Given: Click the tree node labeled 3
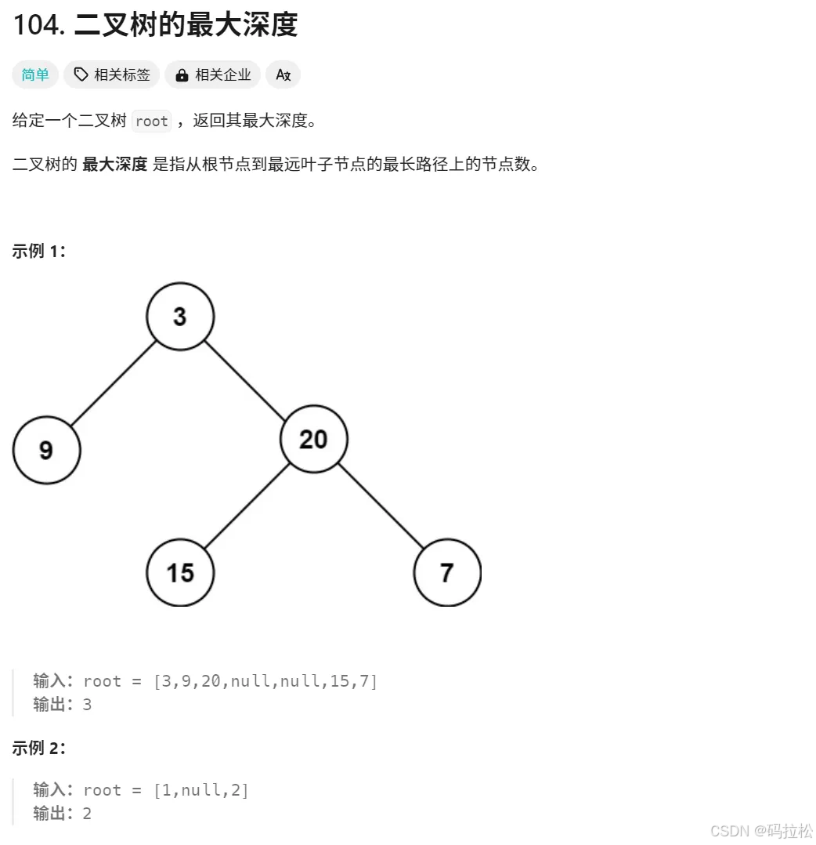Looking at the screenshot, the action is tap(180, 317).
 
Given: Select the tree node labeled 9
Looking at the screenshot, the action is tap(46, 450).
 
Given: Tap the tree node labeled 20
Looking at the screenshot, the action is tap(313, 439).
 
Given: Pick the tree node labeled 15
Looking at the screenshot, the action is tap(180, 572).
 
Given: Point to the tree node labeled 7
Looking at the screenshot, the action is tap(447, 572).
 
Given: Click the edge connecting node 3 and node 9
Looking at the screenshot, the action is tap(114, 383).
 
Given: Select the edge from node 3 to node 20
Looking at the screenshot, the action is tap(247, 378).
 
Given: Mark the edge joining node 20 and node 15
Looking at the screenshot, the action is tap(247, 506).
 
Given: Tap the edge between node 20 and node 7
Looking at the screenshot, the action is tap(381, 506).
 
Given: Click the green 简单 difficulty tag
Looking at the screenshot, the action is tap(35, 75).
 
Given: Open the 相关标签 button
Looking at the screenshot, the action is tap(112, 75).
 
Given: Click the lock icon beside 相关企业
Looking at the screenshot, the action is tap(182, 75).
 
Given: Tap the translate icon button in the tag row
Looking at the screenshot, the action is tap(283, 75).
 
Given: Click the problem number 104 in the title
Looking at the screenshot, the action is tap(38, 25).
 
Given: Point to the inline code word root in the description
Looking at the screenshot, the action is tap(151, 121).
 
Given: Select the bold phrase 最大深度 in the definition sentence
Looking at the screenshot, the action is tap(114, 165).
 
